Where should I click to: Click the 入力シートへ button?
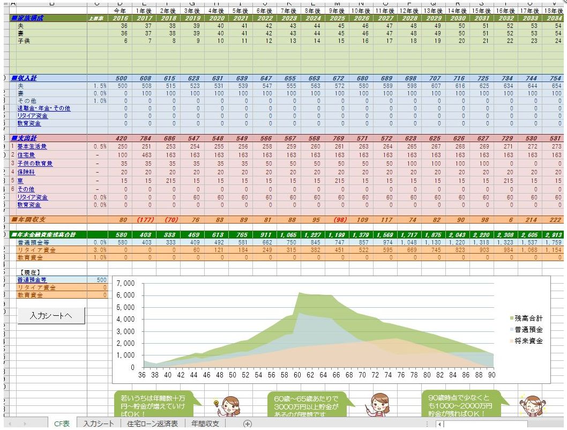(x=51, y=316)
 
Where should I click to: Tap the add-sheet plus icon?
(x=247, y=424)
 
